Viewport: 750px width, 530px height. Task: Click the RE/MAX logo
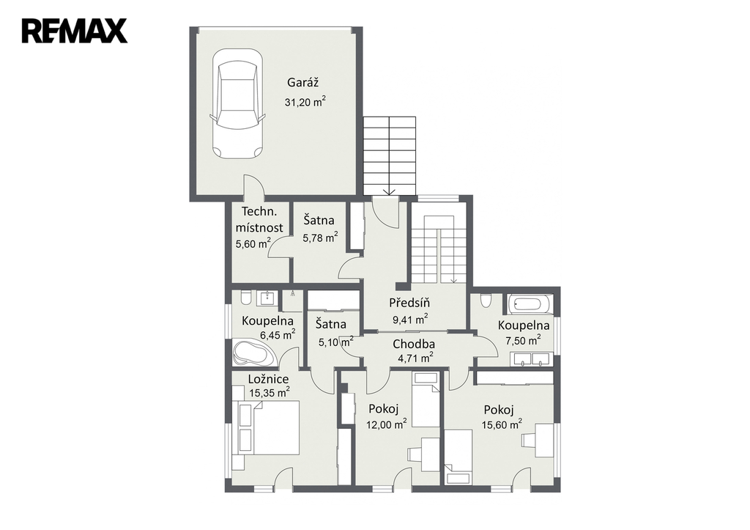74,31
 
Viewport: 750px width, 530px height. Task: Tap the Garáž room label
302,82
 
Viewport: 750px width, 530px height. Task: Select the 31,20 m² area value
305,101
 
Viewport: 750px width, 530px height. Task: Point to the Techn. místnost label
259,219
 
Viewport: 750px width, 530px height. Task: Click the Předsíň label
409,303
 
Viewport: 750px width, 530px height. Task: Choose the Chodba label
414,344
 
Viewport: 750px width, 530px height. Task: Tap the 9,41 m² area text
410,320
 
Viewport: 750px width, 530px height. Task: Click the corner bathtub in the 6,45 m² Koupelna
253,353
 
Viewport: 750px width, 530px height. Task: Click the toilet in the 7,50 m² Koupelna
486,301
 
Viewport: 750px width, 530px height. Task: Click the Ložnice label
268,379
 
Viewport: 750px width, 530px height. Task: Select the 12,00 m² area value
387,424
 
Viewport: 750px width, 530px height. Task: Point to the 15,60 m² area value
502,424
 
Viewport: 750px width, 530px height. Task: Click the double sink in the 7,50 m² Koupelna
533,359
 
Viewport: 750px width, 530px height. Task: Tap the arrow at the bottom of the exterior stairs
390,191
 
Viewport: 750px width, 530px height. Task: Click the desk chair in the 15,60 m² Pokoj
529,440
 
